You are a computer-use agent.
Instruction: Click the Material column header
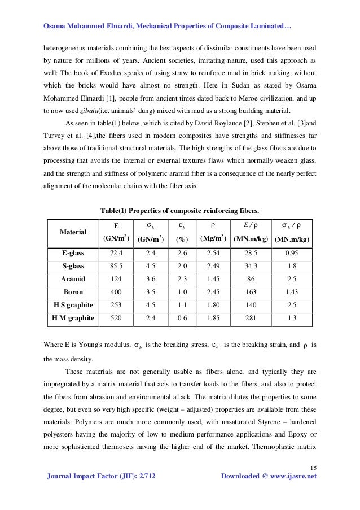(73, 232)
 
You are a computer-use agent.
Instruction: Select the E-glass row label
(73, 252)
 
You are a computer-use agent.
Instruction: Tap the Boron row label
(73, 292)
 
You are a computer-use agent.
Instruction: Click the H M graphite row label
(73, 319)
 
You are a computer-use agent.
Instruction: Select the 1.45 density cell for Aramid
(213, 279)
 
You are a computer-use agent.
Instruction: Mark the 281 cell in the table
(251, 319)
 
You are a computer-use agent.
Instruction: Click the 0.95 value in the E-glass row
(292, 252)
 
